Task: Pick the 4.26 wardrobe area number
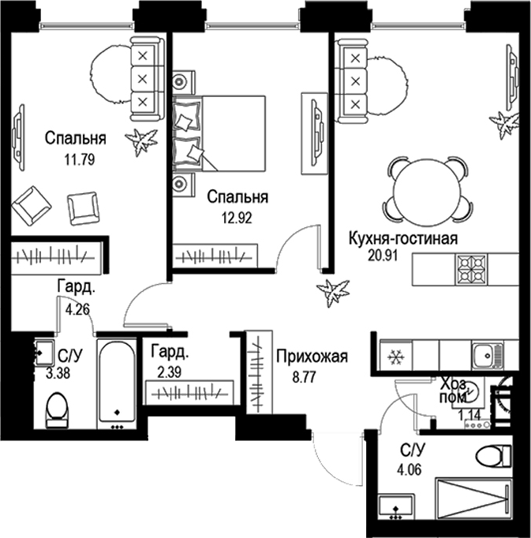tap(78, 310)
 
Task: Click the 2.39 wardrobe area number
tap(169, 371)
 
